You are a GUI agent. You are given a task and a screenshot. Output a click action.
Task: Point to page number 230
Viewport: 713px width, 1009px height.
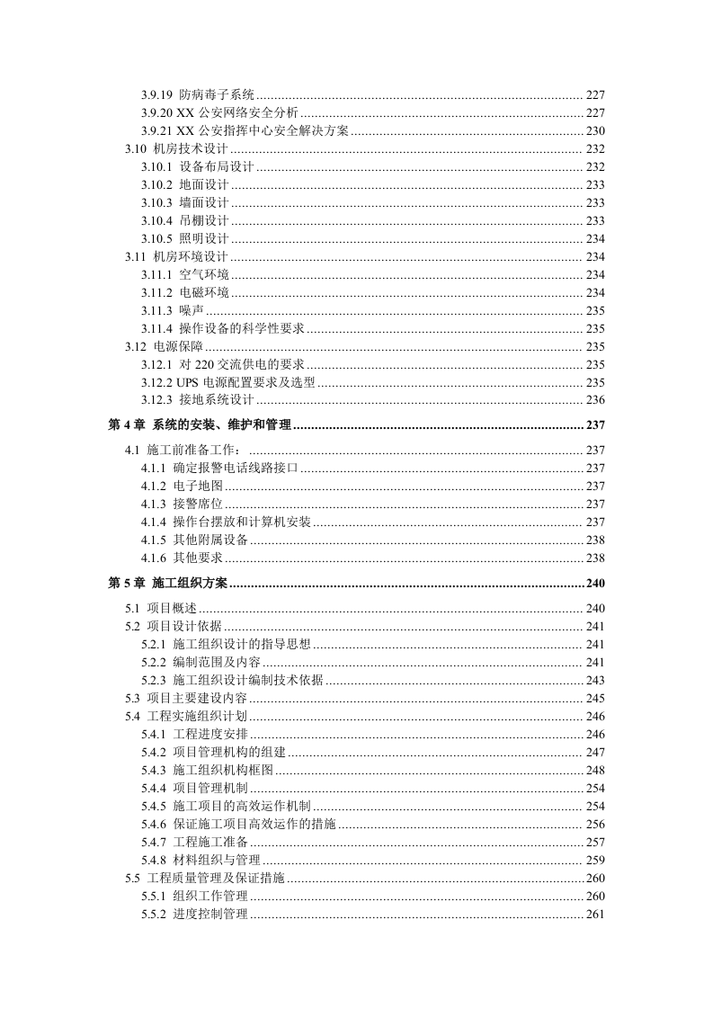(x=595, y=131)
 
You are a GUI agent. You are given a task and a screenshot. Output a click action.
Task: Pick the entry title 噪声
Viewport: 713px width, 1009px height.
(x=192, y=310)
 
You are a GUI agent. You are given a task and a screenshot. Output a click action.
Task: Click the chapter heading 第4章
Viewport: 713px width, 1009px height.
(x=127, y=424)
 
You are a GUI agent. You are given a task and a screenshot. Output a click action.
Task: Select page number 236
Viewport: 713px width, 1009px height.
(x=595, y=400)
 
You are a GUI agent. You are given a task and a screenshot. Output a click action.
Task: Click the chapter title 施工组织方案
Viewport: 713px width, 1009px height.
(x=191, y=583)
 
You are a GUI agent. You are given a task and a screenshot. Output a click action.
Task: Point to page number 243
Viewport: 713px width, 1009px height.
(x=595, y=680)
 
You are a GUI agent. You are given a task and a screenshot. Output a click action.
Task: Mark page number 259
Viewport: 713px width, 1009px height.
(x=595, y=860)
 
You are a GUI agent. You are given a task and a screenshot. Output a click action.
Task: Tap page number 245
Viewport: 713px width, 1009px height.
(x=595, y=698)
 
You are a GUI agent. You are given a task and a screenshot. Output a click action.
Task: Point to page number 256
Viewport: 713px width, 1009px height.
(x=595, y=824)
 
